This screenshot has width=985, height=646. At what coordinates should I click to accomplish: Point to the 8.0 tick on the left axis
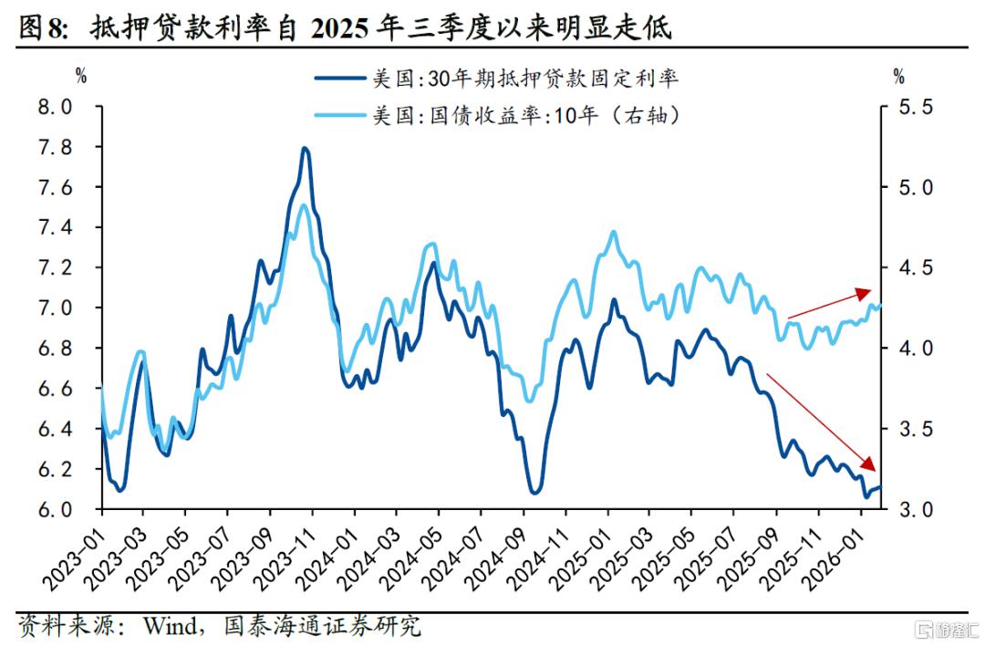(x=54, y=108)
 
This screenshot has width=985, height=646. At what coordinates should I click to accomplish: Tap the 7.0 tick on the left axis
(x=54, y=308)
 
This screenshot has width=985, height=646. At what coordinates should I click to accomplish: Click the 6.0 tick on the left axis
(x=54, y=509)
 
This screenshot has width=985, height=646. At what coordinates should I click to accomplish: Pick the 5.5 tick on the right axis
(x=914, y=108)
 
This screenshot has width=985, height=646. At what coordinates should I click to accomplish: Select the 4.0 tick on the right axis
(x=914, y=349)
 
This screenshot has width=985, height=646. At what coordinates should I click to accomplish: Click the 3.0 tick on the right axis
(x=914, y=509)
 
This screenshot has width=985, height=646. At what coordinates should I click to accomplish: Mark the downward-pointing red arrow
(x=821, y=420)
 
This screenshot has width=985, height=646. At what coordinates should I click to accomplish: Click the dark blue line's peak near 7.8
(x=305, y=149)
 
